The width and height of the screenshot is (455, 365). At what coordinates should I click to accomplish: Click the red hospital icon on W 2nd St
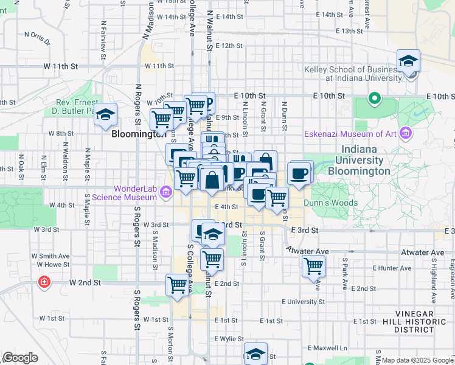point(44,282)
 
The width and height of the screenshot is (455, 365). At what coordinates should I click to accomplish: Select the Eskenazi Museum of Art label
point(350,134)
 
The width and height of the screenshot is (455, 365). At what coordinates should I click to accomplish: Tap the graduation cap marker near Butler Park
point(106,115)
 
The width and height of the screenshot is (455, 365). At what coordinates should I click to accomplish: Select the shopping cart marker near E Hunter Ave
point(313,266)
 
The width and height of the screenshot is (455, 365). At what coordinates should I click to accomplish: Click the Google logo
point(20,358)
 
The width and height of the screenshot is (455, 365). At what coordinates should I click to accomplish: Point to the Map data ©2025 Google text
point(417,360)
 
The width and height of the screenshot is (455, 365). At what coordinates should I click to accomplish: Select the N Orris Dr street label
point(36,38)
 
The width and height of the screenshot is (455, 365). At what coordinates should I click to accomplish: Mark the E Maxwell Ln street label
point(327,348)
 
